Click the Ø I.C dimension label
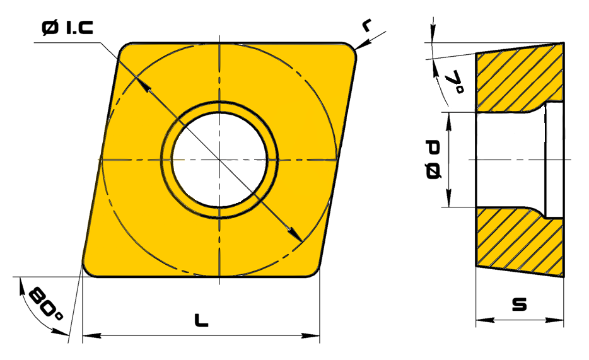click(x=67, y=28)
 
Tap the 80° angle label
click(x=45, y=304)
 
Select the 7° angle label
click(x=455, y=82)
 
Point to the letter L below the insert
click(x=201, y=320)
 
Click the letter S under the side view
click(x=520, y=304)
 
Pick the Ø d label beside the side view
click(x=433, y=160)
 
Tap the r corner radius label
click(x=366, y=25)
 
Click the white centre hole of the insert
click(x=219, y=160)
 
